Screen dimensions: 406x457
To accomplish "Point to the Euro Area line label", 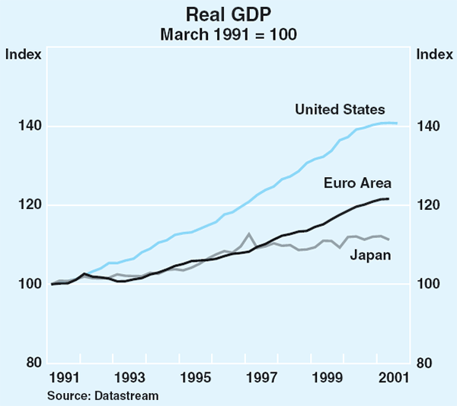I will (357, 183).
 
